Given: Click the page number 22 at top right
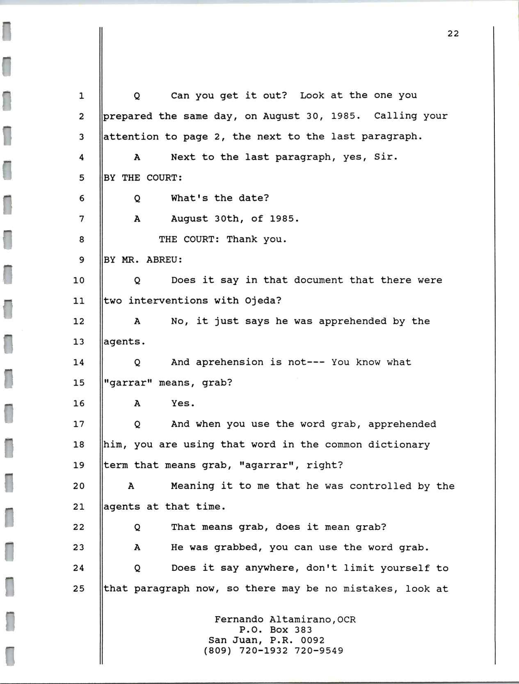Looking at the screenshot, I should pyautogui.click(x=453, y=34).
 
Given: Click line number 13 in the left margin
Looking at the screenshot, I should pyautogui.click(x=78, y=342).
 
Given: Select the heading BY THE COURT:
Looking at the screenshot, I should pyautogui.click(x=143, y=178).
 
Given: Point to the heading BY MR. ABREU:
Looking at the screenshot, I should pyautogui.click(x=143, y=260).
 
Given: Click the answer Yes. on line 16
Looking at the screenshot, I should pyautogui.click(x=183, y=403).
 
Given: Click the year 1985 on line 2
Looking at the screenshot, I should pyautogui.click(x=345, y=116).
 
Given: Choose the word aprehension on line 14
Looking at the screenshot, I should pyautogui.click(x=229, y=362).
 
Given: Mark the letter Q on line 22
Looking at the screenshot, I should pyautogui.click(x=137, y=527).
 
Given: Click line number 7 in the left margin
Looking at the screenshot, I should pyautogui.click(x=81, y=219).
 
